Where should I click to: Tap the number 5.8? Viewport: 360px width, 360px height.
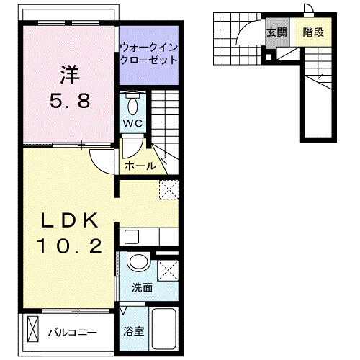point(69,102)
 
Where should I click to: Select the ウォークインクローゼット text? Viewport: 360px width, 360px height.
point(148,54)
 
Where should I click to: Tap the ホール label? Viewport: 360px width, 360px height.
point(140,166)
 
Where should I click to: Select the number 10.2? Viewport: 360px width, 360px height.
point(70,247)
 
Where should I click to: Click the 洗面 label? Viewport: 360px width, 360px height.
point(142,287)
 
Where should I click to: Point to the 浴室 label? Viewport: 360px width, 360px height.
point(134,333)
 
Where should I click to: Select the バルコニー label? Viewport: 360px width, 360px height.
point(73,333)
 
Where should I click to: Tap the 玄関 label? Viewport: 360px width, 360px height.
point(276,32)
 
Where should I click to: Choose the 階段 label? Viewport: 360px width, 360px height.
point(312,32)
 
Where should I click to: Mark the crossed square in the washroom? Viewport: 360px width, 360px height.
point(169,271)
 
